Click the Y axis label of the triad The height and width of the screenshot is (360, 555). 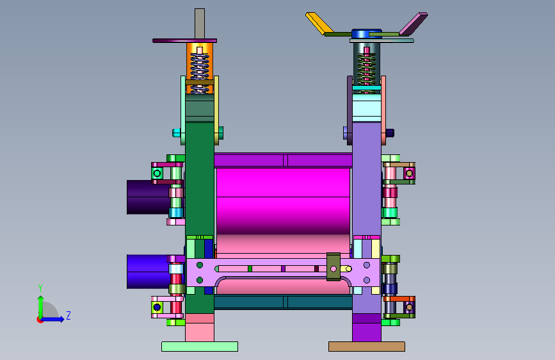(40, 288)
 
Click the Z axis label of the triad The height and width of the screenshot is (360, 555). (68, 315)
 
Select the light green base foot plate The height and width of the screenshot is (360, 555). (200, 347)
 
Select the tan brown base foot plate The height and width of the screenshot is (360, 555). (367, 347)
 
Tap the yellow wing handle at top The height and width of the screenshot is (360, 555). (319, 24)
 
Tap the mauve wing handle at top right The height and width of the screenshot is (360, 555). (414, 24)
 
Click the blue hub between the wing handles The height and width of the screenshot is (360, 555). (366, 34)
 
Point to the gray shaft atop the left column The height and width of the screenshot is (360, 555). (200, 24)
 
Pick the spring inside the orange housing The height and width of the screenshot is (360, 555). (200, 71)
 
